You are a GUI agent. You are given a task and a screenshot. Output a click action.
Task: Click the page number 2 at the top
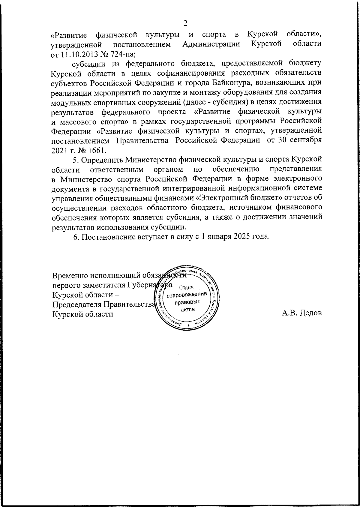(x=185, y=23)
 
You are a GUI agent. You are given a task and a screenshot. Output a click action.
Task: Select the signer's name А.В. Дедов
(x=302, y=314)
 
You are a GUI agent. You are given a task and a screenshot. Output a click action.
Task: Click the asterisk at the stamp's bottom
(x=188, y=326)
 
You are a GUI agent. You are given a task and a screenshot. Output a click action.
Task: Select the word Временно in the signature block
(x=70, y=275)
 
